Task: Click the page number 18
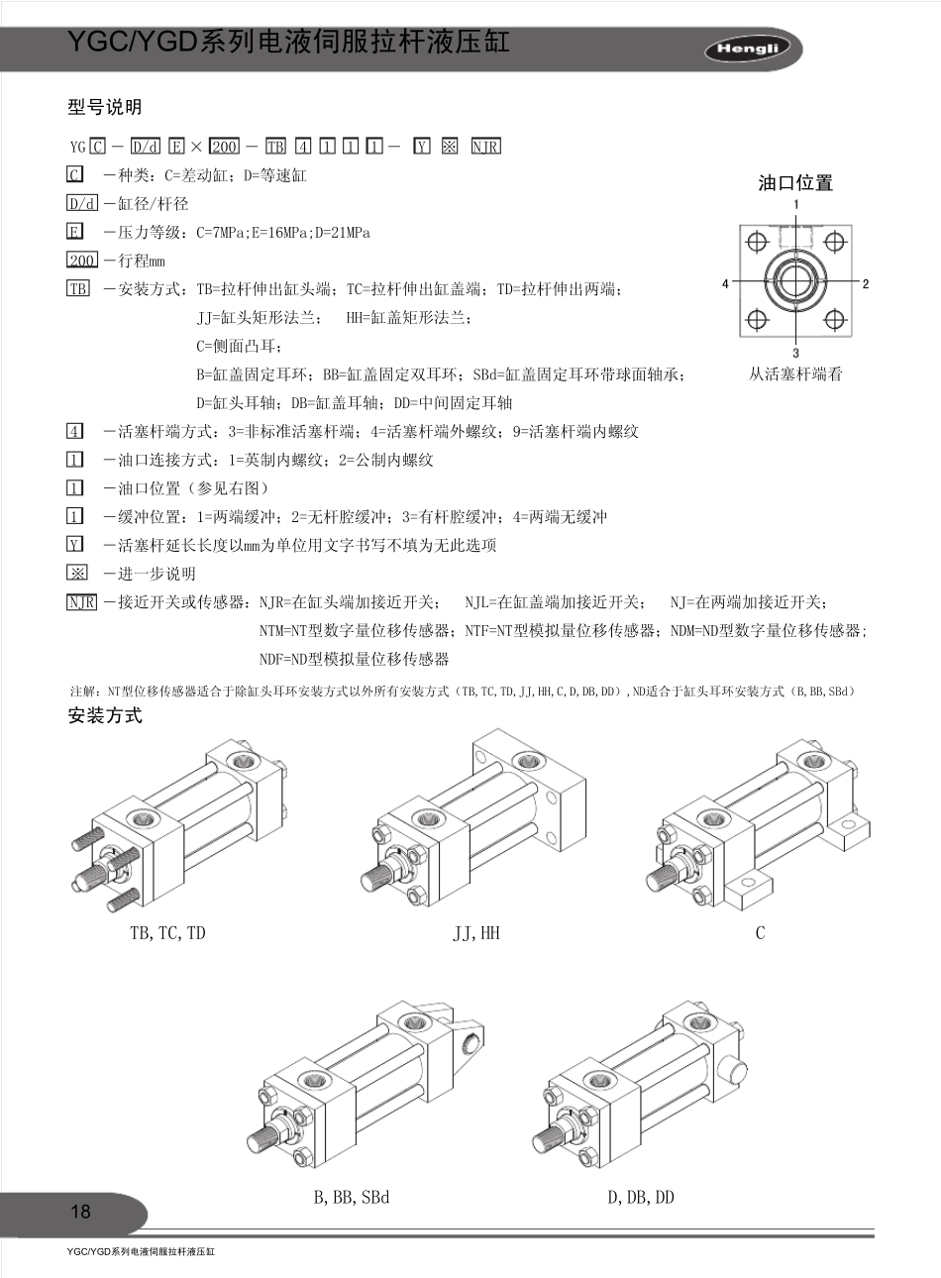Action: [x=80, y=1212]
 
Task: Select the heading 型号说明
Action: [x=104, y=107]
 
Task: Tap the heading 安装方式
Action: [x=105, y=715]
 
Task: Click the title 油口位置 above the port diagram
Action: [x=795, y=182]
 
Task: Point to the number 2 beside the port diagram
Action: [x=866, y=283]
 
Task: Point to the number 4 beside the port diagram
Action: [x=725, y=283]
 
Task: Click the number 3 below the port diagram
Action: [x=795, y=353]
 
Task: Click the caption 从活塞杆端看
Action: [x=795, y=374]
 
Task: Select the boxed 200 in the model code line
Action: [x=225, y=147]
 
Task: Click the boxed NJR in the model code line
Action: [x=485, y=147]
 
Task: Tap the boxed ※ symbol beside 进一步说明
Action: [x=76, y=573]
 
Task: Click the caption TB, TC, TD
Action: [x=167, y=933]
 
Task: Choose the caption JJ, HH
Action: [x=476, y=933]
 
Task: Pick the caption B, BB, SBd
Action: [x=352, y=1198]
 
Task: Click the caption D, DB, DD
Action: [x=640, y=1198]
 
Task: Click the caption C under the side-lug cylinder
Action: [x=760, y=933]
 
